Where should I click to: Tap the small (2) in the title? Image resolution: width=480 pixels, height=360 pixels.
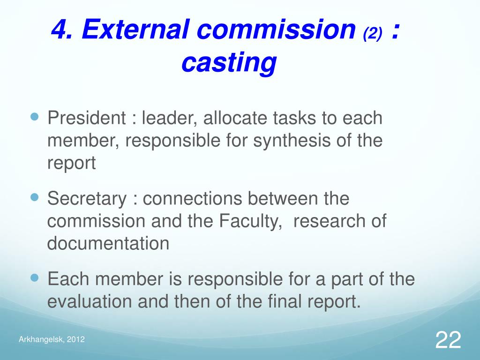click(373, 33)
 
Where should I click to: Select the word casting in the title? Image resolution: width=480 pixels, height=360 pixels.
click(229, 63)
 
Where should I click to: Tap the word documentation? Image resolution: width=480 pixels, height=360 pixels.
click(108, 244)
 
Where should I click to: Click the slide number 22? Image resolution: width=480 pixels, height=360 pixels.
click(448, 339)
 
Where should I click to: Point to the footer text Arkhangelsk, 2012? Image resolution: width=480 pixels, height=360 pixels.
click(52, 340)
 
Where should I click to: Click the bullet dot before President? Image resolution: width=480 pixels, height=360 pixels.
click(34, 115)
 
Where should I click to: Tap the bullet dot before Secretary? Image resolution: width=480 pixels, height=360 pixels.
click(34, 196)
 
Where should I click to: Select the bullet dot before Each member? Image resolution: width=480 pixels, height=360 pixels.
click(34, 277)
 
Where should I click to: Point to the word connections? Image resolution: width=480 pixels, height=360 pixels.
click(193, 199)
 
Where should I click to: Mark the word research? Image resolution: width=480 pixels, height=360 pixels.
click(327, 221)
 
